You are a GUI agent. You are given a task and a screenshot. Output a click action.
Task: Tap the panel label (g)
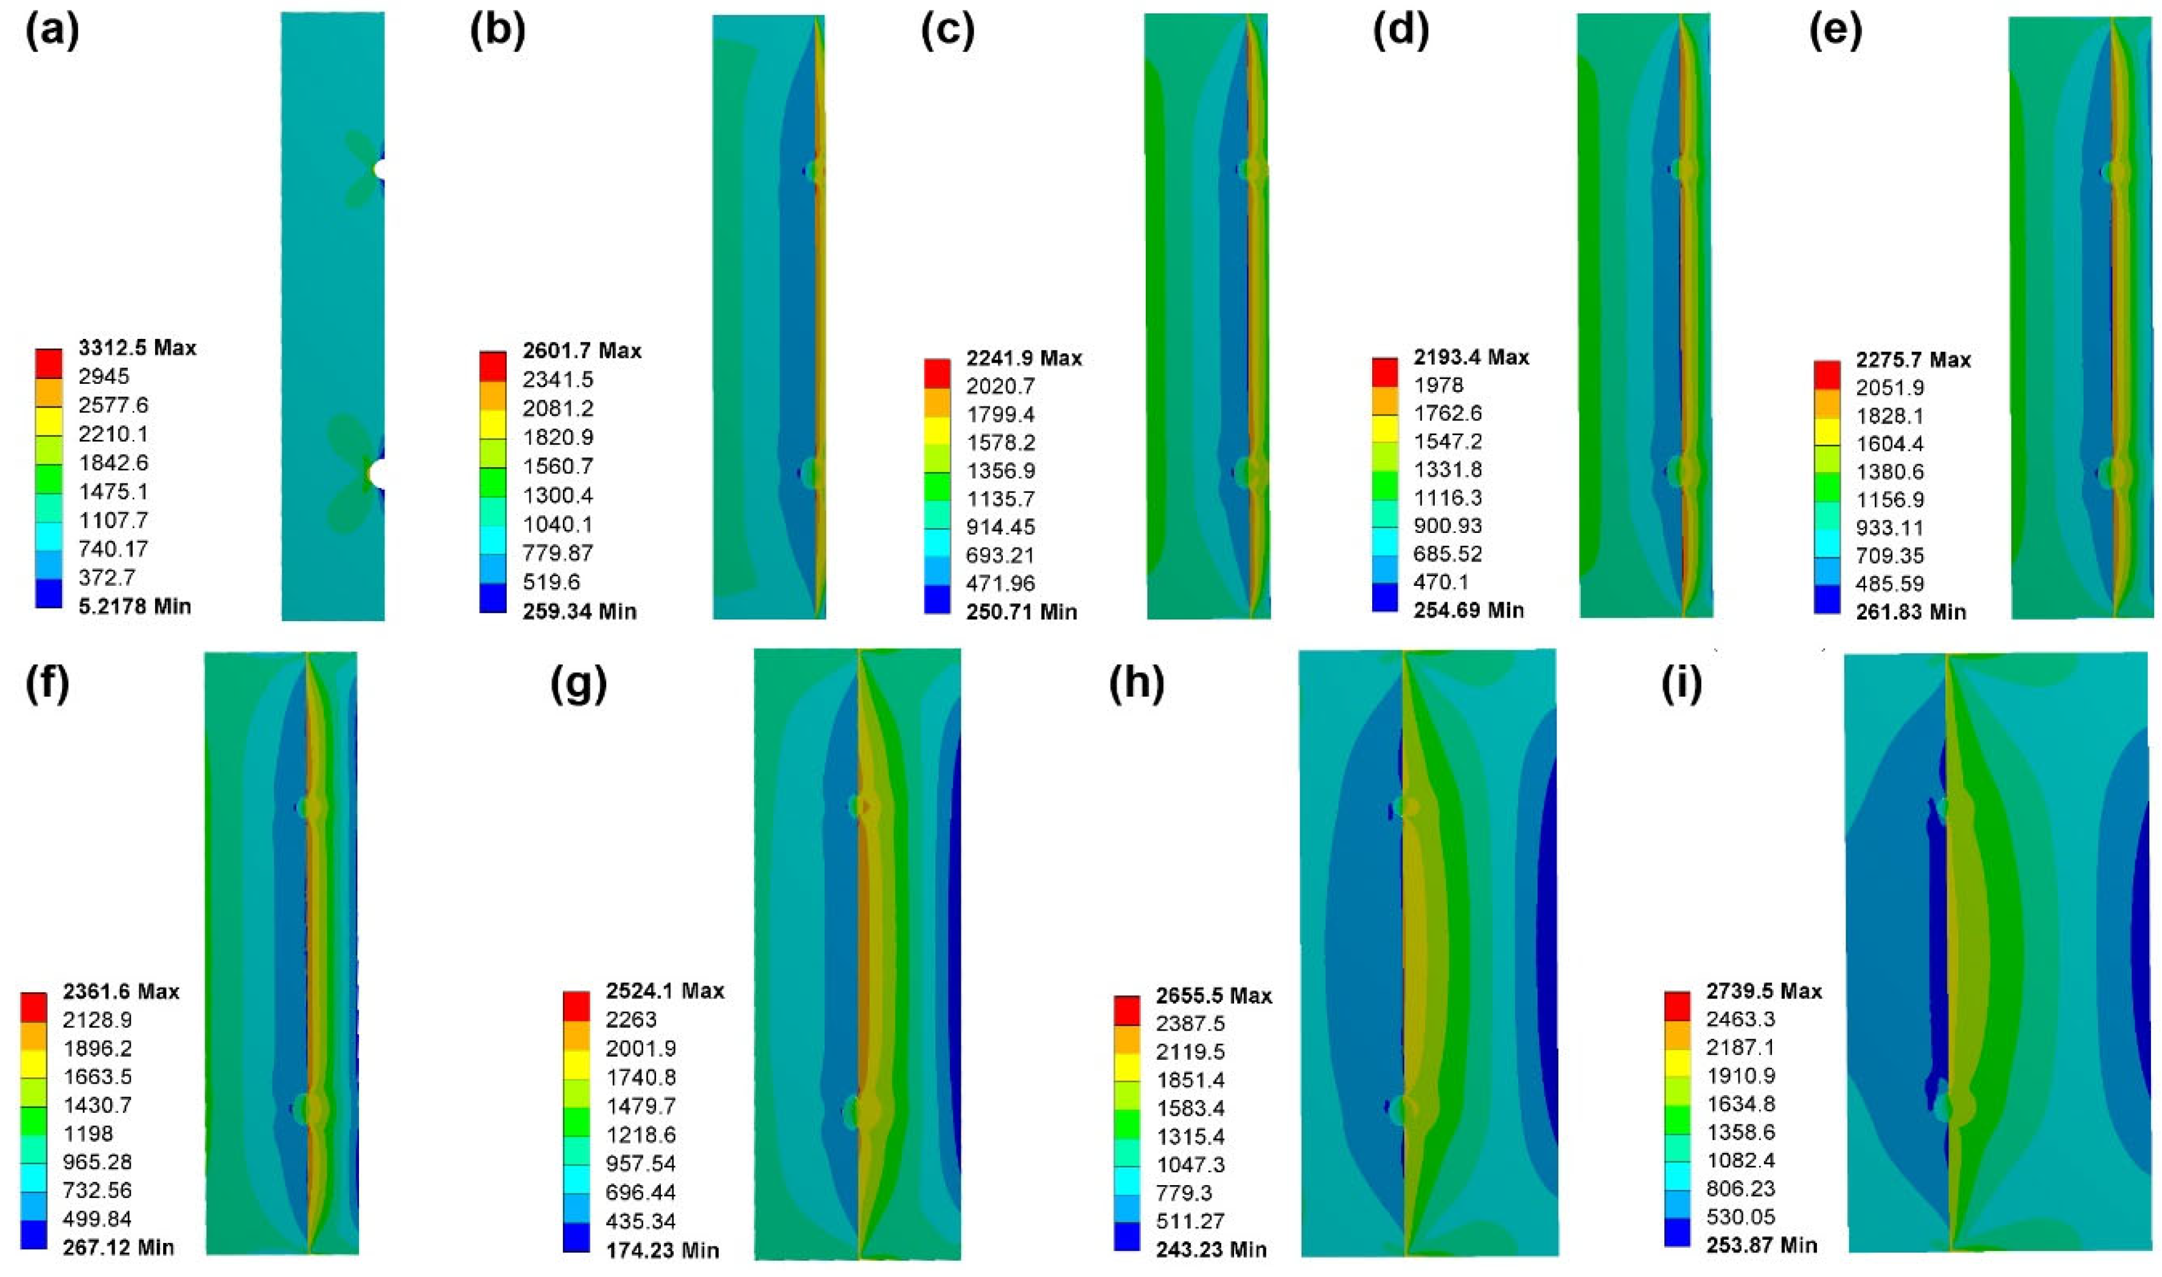578,684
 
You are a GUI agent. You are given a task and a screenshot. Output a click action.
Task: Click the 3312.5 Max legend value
137,347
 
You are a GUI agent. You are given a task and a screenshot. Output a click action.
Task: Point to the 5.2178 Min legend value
134,606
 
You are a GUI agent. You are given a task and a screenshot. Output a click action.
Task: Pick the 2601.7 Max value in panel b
582,350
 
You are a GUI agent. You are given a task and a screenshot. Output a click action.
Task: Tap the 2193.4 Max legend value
1471,357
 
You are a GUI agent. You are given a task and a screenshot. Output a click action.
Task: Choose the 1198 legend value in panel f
88,1133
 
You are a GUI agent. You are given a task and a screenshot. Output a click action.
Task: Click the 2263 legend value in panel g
631,1019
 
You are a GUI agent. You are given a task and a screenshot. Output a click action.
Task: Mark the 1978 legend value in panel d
1438,384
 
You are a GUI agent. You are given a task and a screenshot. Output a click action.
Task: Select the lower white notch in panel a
377,473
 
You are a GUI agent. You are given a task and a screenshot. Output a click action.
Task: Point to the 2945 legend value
103,376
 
